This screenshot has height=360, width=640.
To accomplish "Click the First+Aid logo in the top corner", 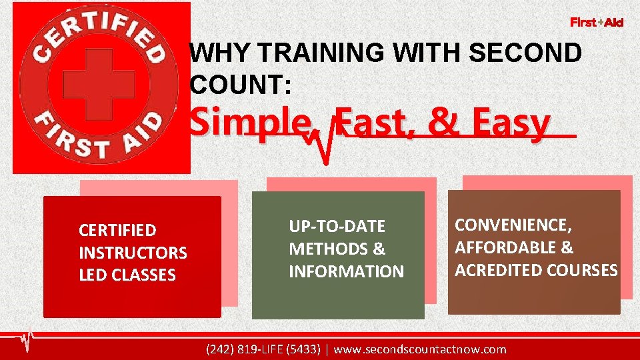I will pos(597,23).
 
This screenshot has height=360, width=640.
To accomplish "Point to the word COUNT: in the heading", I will pos(240,84).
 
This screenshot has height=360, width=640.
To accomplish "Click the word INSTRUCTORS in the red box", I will pos(133,253).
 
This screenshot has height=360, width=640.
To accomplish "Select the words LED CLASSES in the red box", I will pos(127,275).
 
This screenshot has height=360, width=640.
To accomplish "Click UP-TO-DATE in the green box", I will pos(337,227).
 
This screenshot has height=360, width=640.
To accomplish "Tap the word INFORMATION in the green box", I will pos(346,271).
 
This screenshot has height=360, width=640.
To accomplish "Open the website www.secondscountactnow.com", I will pos(419,349).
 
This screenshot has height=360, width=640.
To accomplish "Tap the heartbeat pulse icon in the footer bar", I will pos(27,341).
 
